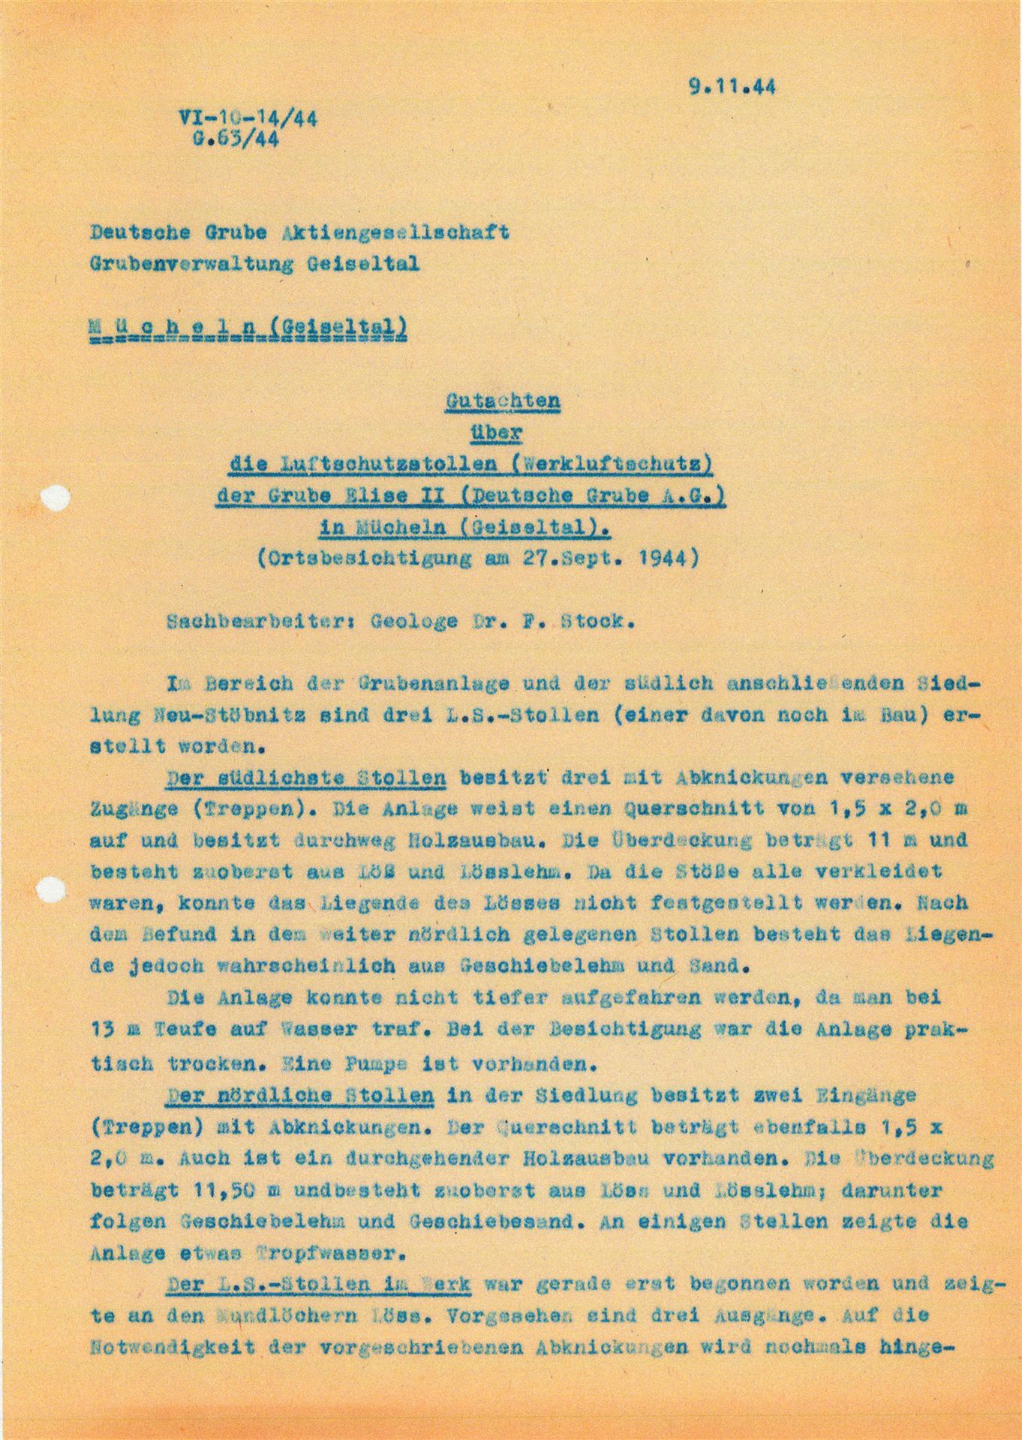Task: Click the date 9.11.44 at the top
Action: [732, 86]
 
